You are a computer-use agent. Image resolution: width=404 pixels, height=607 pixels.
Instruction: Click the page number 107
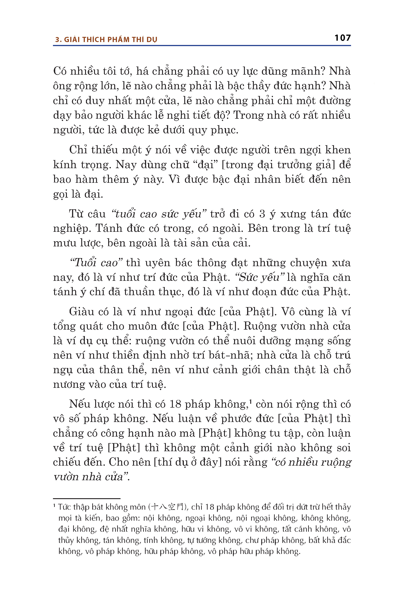click(343, 38)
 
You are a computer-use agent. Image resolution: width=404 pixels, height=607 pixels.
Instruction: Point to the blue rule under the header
click(202, 46)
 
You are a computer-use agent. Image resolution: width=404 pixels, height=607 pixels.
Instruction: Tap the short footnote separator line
click(87, 499)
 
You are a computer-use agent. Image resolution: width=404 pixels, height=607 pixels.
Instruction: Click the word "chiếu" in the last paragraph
click(66, 462)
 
